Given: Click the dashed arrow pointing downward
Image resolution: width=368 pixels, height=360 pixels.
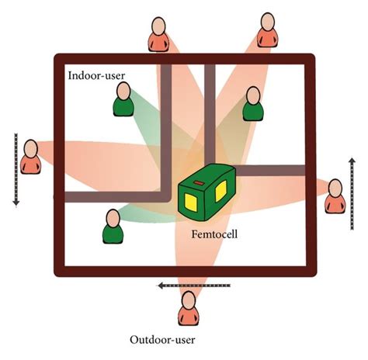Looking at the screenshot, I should [x=15, y=170].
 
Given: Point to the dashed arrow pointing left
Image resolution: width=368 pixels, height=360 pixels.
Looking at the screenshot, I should [x=182, y=286].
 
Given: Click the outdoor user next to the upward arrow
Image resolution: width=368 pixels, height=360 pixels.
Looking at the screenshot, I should [x=335, y=196].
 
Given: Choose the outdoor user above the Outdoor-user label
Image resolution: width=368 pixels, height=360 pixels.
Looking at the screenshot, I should [x=189, y=310].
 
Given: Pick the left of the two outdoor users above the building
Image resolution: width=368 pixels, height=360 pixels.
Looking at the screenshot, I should [x=158, y=34].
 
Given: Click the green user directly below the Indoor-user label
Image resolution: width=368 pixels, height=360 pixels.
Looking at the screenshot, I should [x=123, y=100].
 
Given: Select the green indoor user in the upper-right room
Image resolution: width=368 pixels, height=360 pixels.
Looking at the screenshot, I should [x=253, y=104].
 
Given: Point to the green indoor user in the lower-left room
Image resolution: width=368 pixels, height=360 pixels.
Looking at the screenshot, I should [x=113, y=227].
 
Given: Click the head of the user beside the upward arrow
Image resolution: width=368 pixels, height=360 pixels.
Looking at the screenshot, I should [x=335, y=187].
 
